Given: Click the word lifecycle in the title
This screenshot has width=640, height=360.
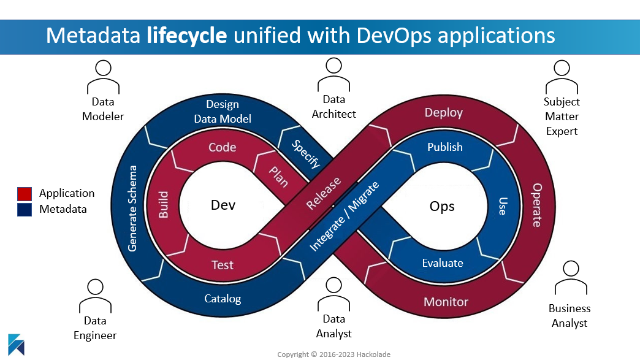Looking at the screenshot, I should click(x=187, y=35).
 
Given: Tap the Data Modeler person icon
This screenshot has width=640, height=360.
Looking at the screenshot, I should click(x=103, y=75).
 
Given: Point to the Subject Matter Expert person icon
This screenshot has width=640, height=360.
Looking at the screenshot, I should click(x=562, y=75).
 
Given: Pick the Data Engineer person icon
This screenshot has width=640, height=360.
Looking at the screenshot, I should click(x=95, y=294).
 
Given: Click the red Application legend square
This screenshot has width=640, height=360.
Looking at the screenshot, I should click(x=25, y=194).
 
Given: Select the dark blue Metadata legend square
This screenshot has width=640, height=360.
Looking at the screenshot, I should click(x=25, y=210).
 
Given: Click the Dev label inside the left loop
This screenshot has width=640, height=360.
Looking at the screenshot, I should click(x=223, y=205).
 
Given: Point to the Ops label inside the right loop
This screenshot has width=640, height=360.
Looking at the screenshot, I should click(x=442, y=206).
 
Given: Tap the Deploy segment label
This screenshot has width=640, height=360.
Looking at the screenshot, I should click(x=444, y=113).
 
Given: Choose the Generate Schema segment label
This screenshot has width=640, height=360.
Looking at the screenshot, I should click(x=132, y=208).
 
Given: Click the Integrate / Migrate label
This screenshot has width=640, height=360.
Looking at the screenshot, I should click(x=345, y=215).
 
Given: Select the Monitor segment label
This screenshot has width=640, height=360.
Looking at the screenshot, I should click(x=446, y=302).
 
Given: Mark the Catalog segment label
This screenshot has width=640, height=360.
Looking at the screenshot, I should click(x=223, y=299).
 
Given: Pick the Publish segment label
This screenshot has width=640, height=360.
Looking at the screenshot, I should click(x=445, y=147).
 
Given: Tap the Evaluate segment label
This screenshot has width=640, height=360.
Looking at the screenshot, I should click(x=443, y=263).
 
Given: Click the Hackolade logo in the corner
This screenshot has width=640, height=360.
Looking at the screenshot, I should click(x=17, y=345).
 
